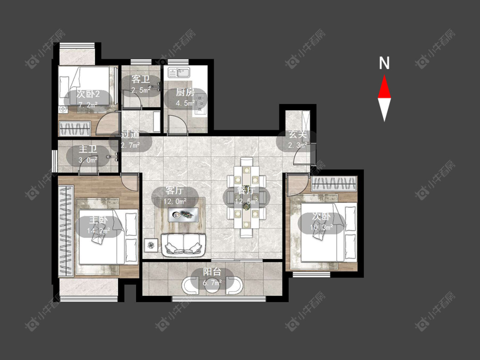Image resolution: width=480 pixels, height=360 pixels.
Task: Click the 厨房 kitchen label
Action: [x=185, y=92]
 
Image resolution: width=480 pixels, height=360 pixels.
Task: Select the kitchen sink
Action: [x=179, y=73]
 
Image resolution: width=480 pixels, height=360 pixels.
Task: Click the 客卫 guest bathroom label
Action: [x=140, y=79]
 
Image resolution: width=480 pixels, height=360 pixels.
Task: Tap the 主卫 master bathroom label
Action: [x=88, y=149]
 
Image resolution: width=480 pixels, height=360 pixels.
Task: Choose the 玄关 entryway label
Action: [x=298, y=134]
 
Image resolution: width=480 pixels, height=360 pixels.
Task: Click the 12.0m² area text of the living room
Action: [x=175, y=202]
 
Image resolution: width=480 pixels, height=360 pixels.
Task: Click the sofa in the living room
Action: [x=183, y=245]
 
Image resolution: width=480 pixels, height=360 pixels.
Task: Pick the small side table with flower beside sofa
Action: [x=151, y=245]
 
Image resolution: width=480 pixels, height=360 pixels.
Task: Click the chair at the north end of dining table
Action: [x=247, y=162]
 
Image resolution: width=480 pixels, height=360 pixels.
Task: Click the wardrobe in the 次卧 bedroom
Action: [x=334, y=184]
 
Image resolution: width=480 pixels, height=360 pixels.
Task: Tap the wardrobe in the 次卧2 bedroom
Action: [x=75, y=128]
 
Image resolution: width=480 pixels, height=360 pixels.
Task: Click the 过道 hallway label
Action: [x=131, y=134]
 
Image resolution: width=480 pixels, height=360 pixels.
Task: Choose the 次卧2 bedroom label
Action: [x=88, y=94]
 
